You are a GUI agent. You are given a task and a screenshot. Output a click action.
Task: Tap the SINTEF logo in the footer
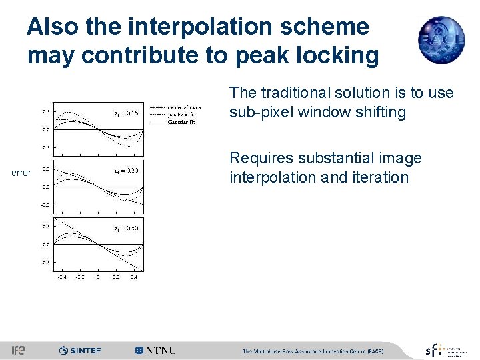(80, 350)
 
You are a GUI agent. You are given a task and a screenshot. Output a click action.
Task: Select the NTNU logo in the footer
(155, 350)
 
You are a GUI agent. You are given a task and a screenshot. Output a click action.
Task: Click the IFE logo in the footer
(18, 350)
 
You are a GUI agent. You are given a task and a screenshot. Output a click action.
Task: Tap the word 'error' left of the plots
(21, 173)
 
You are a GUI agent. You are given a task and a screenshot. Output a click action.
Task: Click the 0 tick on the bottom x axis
(97, 276)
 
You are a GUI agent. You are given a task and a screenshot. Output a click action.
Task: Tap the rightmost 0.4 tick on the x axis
(133, 276)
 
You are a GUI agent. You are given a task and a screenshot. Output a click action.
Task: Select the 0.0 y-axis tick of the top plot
(45, 129)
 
